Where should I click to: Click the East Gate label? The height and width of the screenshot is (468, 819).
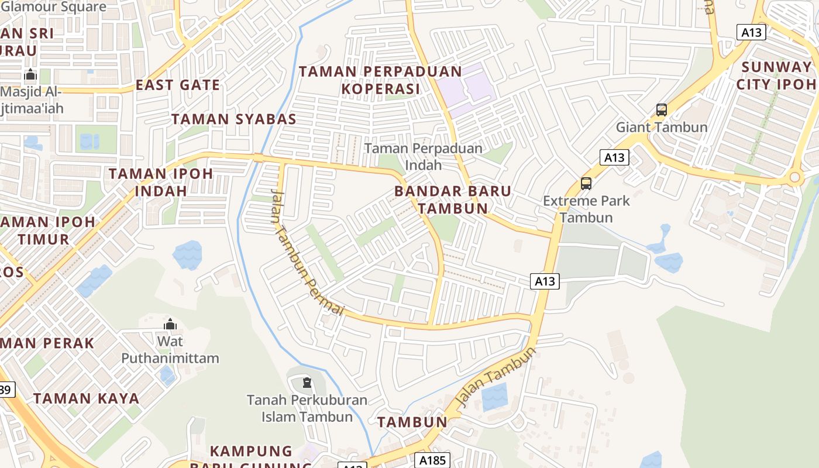pos(178,85)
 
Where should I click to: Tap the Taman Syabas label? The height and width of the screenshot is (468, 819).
pos(233,119)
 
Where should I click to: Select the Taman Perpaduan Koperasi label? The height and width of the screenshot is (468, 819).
pos(380,80)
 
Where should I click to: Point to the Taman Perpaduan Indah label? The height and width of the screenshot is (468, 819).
pos(424,156)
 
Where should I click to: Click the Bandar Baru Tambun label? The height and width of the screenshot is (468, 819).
pos(452,199)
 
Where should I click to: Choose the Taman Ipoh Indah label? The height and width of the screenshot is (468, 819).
pos(161,182)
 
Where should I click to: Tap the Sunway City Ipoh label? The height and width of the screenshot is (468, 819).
pos(776,75)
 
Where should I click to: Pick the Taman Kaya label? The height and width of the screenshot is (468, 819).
pos(86,398)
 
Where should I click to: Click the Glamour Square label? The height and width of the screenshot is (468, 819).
pos(54,7)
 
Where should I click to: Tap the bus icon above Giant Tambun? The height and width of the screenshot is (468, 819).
pos(661,109)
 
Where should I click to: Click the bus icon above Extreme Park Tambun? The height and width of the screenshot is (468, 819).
pos(586,183)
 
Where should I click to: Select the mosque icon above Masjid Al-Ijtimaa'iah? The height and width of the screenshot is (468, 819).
pos(30,75)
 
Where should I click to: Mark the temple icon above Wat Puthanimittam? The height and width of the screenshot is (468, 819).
pos(170,324)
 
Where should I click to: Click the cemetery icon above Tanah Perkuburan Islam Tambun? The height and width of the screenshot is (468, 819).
pos(307,383)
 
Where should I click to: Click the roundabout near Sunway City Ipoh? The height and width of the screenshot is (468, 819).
pos(794,177)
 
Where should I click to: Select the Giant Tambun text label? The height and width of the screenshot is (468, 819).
pos(661,127)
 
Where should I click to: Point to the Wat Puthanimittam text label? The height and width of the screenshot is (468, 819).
pos(170,350)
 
